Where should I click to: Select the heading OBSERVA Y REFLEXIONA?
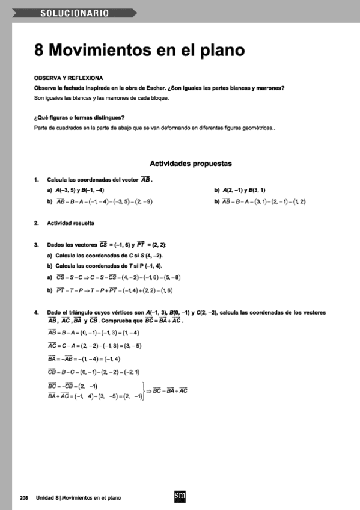(69, 78)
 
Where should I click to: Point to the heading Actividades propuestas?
(191, 163)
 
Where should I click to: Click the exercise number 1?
(36, 180)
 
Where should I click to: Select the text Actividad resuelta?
(71, 223)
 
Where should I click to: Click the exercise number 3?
(36, 245)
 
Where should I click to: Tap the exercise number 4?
(36, 313)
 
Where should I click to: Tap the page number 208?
(24, 498)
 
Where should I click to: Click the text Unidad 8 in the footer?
(47, 498)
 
